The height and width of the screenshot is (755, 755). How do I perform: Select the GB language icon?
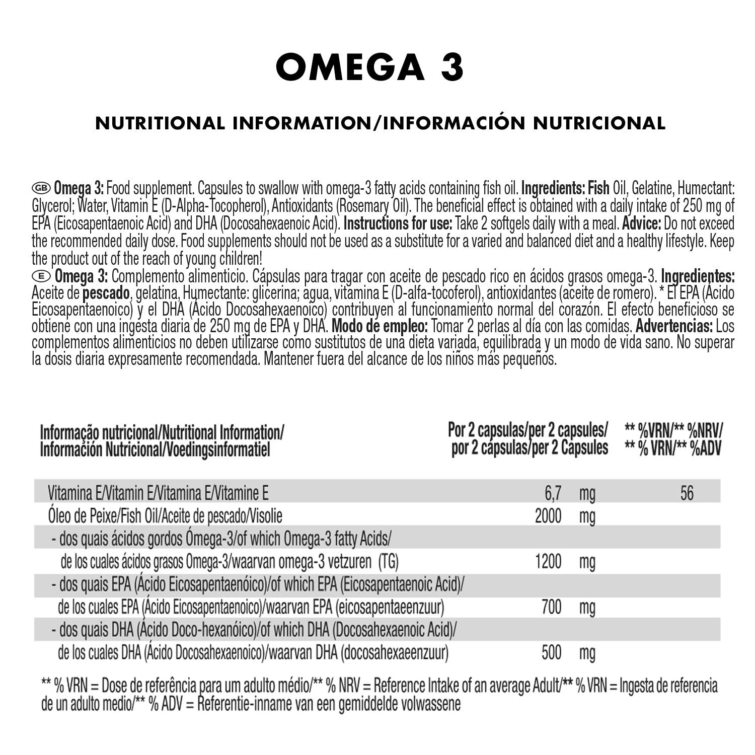(x=41, y=188)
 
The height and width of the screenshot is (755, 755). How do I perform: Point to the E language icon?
(x=41, y=276)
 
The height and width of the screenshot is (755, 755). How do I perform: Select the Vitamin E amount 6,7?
(x=553, y=493)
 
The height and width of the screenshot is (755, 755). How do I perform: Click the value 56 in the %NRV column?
(x=687, y=493)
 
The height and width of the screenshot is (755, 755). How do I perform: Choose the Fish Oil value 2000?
(x=548, y=516)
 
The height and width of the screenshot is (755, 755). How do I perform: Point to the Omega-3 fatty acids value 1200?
(x=548, y=562)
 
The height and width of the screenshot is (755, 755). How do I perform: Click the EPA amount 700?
(x=552, y=608)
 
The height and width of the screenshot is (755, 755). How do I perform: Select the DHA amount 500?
(x=552, y=653)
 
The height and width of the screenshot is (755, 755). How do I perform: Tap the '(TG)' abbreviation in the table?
(x=391, y=562)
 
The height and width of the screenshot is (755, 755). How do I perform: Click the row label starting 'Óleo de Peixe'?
(x=165, y=516)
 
